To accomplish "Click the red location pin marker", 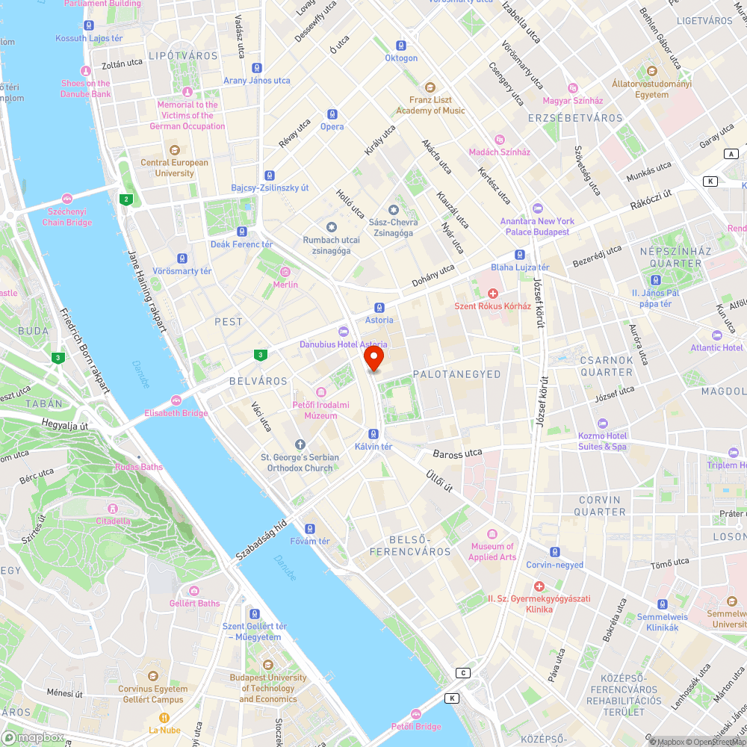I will coord(374,357).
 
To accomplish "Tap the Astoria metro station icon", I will coord(379,307).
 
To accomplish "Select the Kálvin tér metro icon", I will coord(373,434).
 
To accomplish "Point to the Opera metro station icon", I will coord(332,114).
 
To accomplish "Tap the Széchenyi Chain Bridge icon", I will coord(67,199).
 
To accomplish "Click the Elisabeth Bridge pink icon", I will coord(176,400).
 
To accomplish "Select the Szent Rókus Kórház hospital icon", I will coord(492,294).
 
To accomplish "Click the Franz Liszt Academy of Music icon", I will coord(430,87).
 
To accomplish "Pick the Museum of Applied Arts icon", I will coord(492,534).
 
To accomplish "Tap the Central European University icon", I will coord(175,150).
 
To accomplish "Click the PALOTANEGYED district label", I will coord(456,374).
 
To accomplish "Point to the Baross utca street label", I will coord(457,453).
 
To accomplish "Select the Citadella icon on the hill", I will coord(113,509).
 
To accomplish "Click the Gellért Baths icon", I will coord(194,591).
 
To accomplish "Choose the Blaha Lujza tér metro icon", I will coord(520,255).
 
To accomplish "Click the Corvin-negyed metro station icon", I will coord(554,552).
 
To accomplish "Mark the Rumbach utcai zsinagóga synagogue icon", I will coord(332,227).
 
